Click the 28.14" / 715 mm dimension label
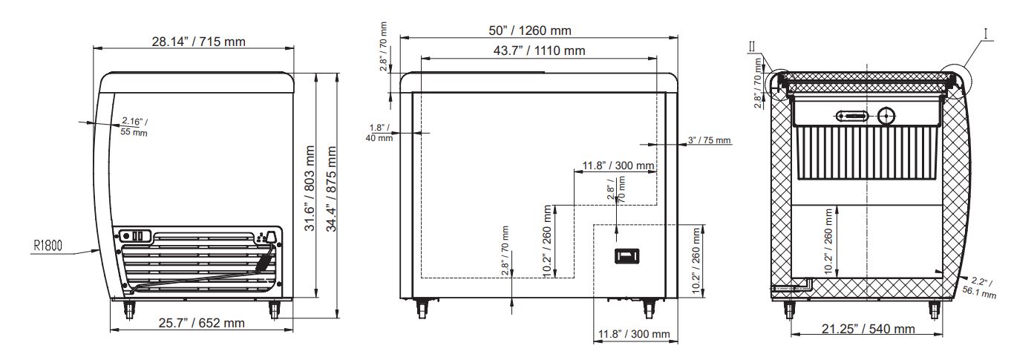[198, 42]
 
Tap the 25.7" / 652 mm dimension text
[201, 323]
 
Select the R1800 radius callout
[48, 246]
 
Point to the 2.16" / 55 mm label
[134, 127]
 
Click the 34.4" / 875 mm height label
[331, 189]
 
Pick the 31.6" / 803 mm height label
[310, 188]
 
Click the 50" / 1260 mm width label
[529, 30]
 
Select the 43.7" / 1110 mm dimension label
[539, 50]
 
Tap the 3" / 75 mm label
[710, 140]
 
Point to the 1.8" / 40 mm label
[379, 133]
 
